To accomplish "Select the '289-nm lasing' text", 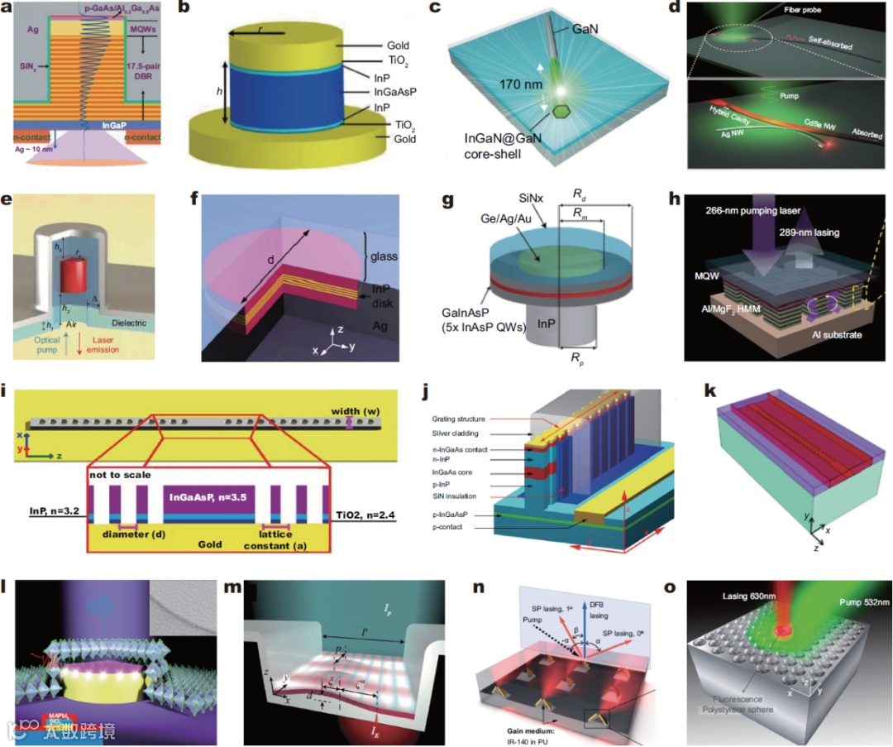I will point(814,232).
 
